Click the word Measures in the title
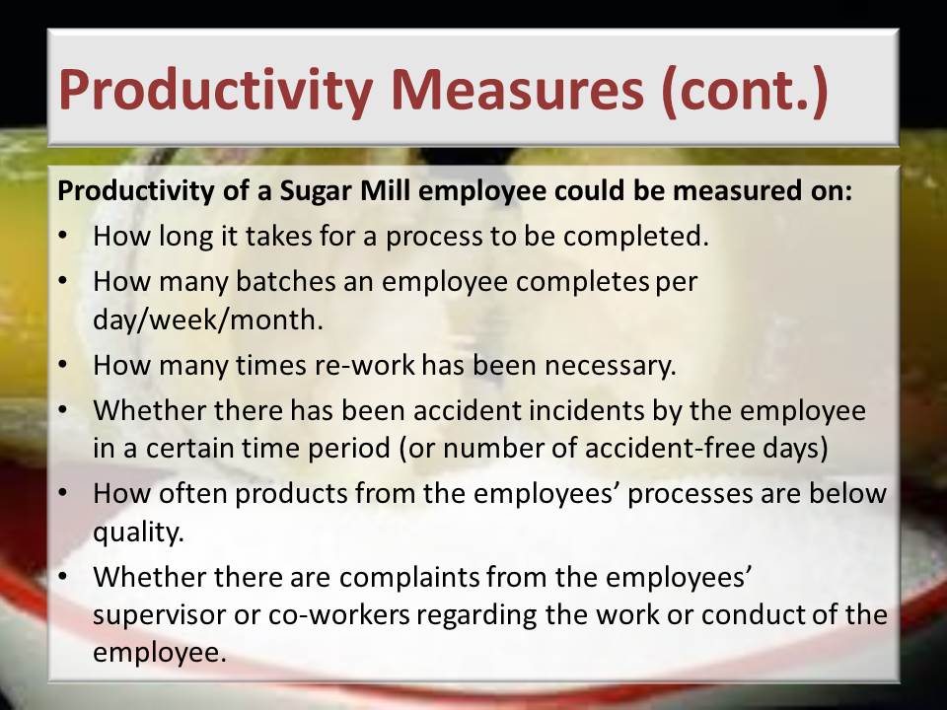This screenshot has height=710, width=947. [x=517, y=90]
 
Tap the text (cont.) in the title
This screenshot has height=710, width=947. [x=745, y=91]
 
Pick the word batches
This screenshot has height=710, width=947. [x=285, y=281]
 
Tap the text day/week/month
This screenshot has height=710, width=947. [x=208, y=319]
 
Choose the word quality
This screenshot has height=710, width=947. [x=138, y=532]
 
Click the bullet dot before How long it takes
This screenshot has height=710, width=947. [x=63, y=236]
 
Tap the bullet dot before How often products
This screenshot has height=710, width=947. [x=63, y=494]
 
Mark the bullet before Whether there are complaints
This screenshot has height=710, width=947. [x=63, y=577]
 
